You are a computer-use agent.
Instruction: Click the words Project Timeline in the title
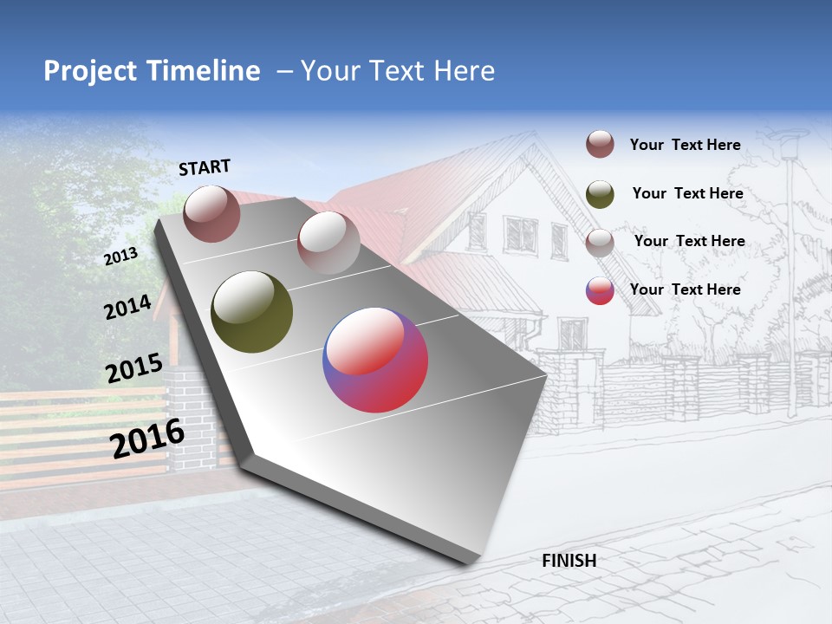click(152, 71)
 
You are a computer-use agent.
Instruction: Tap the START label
click(205, 167)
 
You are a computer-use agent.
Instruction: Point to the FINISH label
click(569, 561)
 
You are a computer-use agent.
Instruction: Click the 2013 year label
click(120, 257)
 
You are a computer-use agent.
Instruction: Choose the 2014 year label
click(127, 307)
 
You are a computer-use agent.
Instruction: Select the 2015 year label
click(134, 368)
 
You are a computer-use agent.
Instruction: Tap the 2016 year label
click(147, 439)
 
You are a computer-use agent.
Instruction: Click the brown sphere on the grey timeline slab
click(212, 213)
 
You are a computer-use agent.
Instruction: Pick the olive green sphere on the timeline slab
click(252, 312)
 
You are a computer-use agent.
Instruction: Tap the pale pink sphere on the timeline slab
click(328, 242)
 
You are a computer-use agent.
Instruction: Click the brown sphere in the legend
click(600, 145)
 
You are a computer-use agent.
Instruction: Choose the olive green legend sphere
click(600, 194)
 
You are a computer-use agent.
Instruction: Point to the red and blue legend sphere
click(600, 290)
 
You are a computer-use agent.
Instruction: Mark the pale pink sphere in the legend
click(600, 242)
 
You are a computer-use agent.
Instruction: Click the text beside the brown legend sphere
click(685, 145)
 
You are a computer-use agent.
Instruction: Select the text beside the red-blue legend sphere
click(685, 289)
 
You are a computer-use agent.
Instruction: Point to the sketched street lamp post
click(790, 277)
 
